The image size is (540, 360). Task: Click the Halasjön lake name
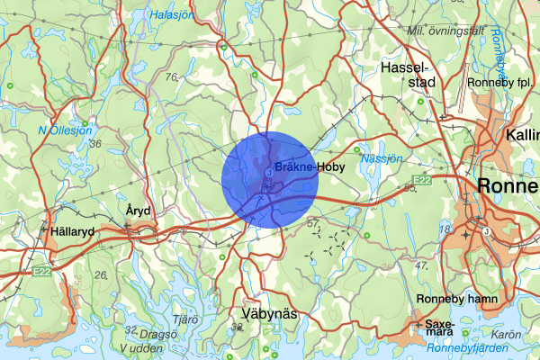(174, 15)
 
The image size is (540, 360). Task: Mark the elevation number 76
(172, 77)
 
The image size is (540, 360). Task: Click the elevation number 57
(313, 221)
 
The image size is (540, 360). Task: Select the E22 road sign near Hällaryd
(40, 269)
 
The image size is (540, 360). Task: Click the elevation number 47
(420, 266)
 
